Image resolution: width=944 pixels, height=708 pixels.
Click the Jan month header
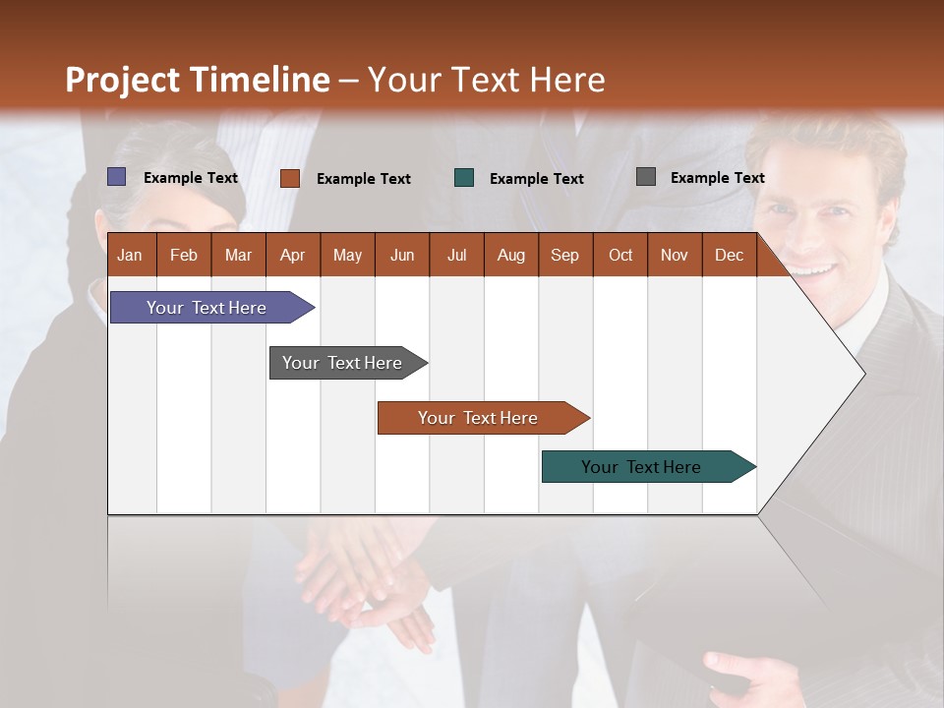point(130,255)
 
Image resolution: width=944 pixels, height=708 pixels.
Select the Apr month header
point(292,255)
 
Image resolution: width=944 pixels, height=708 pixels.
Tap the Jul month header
point(456,255)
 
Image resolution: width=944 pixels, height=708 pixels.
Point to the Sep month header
point(564,255)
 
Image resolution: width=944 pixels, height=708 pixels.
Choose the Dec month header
point(729,255)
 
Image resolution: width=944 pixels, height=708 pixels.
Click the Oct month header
point(619,255)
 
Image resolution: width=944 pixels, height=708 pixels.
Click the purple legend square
point(117,177)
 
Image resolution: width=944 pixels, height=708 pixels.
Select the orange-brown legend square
point(289,178)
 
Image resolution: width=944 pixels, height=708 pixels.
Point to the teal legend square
point(464,178)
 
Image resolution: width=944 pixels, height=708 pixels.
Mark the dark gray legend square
point(645,177)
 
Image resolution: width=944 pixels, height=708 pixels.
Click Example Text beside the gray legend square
point(717,177)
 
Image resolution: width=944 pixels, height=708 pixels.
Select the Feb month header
point(184,255)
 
